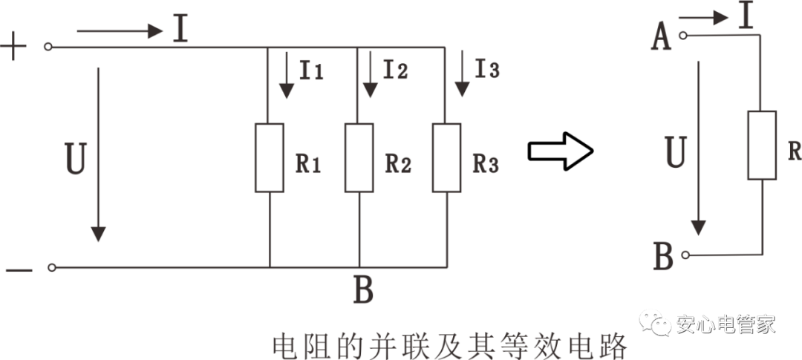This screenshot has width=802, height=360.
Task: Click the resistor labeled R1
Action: click(x=270, y=158)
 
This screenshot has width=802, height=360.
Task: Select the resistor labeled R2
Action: click(x=359, y=158)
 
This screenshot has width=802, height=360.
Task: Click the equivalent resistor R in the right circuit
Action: click(x=762, y=145)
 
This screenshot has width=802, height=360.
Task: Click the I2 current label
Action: click(x=396, y=70)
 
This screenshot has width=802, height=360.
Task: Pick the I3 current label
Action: click(x=487, y=70)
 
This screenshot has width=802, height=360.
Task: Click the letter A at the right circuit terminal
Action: click(x=660, y=37)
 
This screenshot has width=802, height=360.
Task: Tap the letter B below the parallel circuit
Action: click(x=362, y=292)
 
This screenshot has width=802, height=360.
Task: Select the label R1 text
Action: click(x=307, y=165)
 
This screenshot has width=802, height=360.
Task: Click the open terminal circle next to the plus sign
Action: click(x=49, y=47)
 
